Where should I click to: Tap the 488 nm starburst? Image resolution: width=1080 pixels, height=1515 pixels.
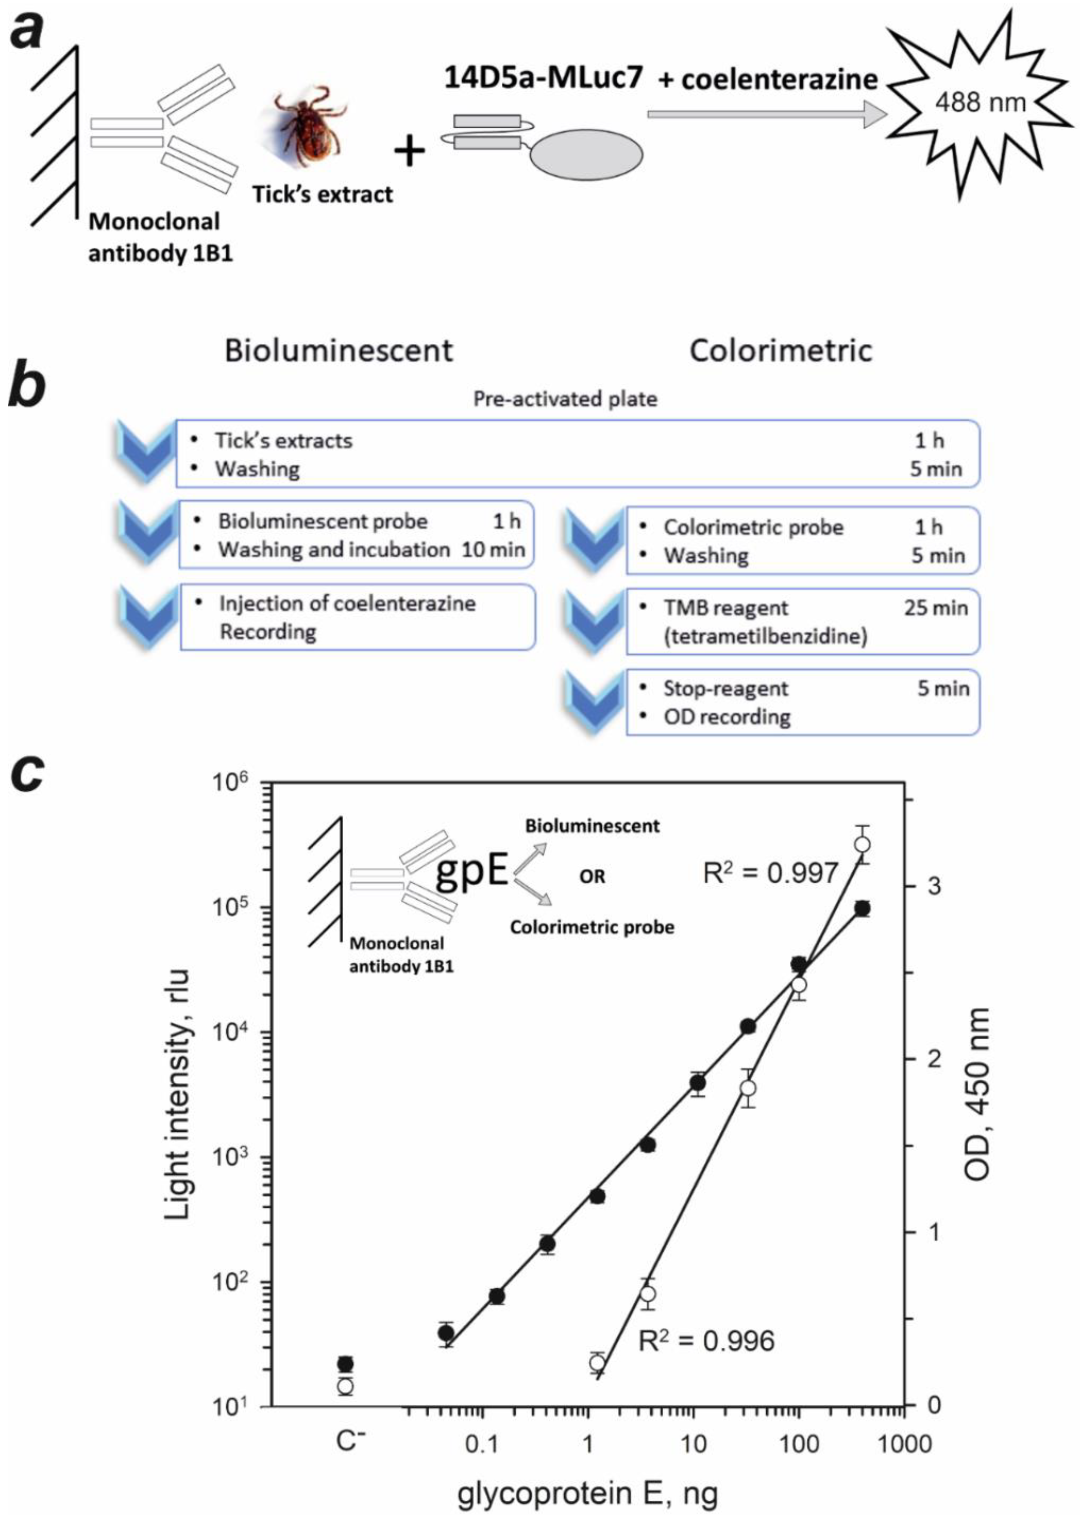pos(979,103)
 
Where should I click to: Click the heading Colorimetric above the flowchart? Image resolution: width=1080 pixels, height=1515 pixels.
pos(780,350)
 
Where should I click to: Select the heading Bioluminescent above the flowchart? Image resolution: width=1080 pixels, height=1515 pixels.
pos(338,350)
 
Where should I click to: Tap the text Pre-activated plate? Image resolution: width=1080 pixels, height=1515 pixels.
pos(565,399)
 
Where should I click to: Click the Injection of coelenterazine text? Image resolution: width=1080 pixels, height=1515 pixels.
pos(347,604)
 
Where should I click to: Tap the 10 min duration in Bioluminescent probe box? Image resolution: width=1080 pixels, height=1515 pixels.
pos(494,549)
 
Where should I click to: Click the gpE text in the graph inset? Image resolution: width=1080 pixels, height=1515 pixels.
pos(471,873)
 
